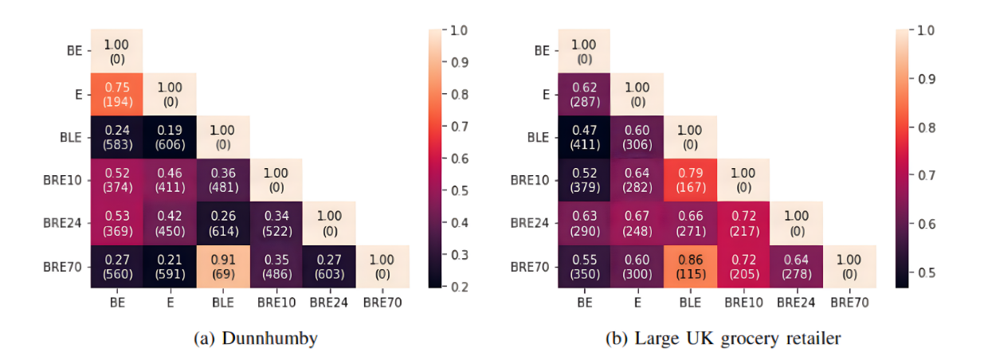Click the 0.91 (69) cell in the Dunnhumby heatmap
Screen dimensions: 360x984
pyautogui.click(x=223, y=266)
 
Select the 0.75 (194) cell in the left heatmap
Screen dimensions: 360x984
pyautogui.click(x=116, y=94)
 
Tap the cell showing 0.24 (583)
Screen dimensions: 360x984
pyautogui.click(x=116, y=137)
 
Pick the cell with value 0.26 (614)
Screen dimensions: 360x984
pyautogui.click(x=223, y=223)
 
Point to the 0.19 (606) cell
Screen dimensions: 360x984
pyautogui.click(x=170, y=137)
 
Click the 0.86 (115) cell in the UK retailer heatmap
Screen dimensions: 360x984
pyautogui.click(x=690, y=266)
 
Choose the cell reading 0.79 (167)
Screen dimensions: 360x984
pyautogui.click(x=690, y=180)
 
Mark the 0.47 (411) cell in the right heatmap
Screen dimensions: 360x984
pyautogui.click(x=584, y=137)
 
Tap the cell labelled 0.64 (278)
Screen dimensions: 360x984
pyautogui.click(x=797, y=266)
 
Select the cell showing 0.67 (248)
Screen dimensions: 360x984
pyautogui.click(x=637, y=223)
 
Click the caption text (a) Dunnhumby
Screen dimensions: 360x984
pyautogui.click(x=255, y=338)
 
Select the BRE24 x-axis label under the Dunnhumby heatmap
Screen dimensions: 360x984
pyautogui.click(x=329, y=303)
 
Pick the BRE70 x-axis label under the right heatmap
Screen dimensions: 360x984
pyautogui.click(x=849, y=303)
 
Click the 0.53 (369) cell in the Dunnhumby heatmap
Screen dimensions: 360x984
pyautogui.click(x=116, y=223)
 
